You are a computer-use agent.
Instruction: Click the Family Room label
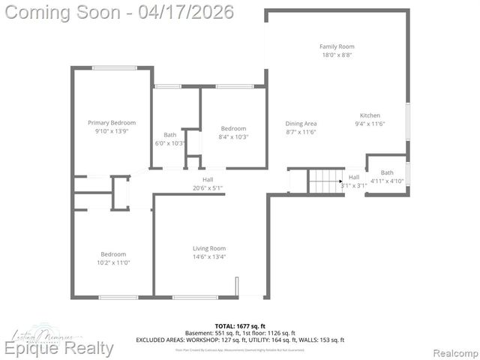tap(337, 46)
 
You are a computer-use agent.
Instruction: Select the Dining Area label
tap(301, 123)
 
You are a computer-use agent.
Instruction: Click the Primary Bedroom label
tap(112, 122)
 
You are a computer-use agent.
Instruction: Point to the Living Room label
tap(209, 248)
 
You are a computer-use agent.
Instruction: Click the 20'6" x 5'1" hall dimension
tap(208, 187)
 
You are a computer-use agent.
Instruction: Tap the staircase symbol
tap(325, 181)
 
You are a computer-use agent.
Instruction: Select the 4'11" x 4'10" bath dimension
tap(388, 181)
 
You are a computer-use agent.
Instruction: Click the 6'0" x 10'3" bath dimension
tap(170, 143)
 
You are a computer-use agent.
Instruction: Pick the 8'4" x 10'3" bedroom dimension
tap(233, 136)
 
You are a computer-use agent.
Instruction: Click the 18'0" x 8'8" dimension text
tap(337, 55)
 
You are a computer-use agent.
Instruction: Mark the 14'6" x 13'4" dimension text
tap(209, 256)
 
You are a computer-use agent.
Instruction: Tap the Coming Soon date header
tap(119, 11)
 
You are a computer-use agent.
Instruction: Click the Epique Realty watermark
tap(59, 348)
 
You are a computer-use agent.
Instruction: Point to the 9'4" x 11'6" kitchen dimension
tap(369, 124)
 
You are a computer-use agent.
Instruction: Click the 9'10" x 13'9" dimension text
tap(112, 130)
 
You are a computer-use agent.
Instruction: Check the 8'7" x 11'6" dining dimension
tap(301, 132)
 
